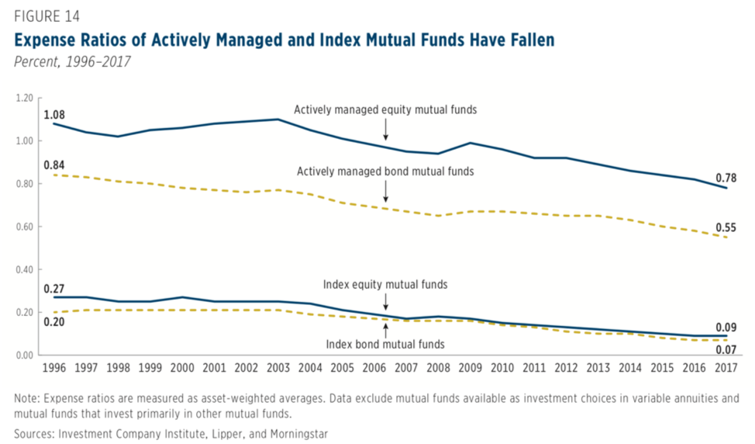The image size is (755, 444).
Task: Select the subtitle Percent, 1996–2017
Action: click(x=68, y=62)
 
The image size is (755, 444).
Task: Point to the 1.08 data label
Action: click(x=54, y=115)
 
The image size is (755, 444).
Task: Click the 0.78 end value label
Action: click(x=725, y=178)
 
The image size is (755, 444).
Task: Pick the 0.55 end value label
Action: click(x=725, y=228)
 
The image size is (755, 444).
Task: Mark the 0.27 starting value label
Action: click(x=54, y=289)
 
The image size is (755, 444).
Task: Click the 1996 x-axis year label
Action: click(x=53, y=367)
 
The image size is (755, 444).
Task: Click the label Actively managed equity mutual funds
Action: click(x=385, y=110)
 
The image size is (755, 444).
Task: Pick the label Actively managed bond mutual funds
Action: click(x=385, y=171)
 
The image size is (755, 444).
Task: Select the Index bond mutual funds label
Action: click(x=385, y=344)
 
